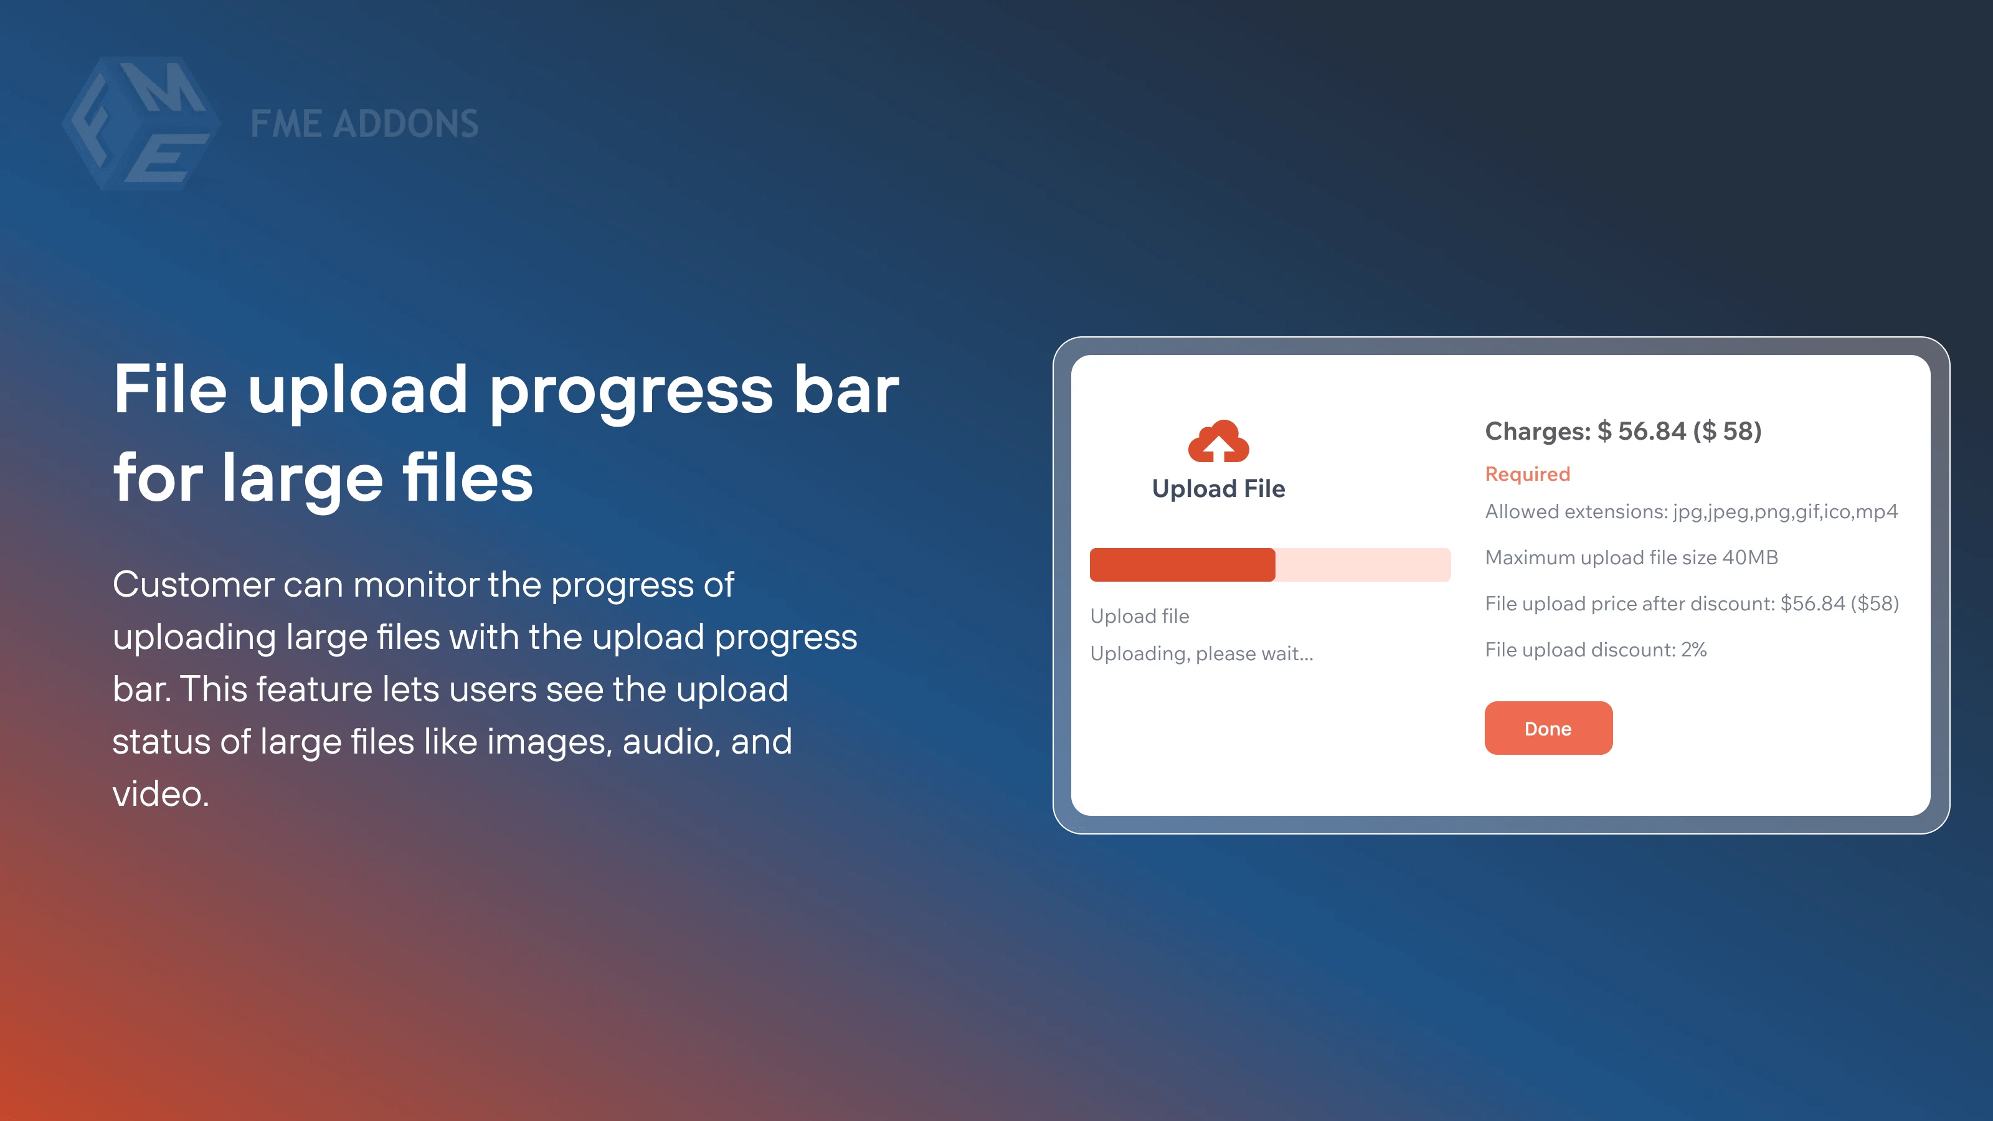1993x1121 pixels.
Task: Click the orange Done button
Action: pos(1548,728)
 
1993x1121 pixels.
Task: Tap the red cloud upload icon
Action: pos(1219,441)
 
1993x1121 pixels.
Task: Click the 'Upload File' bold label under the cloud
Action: pos(1219,489)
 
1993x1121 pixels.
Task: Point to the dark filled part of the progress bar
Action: pos(1182,565)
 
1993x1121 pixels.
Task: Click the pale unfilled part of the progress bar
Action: pos(1363,565)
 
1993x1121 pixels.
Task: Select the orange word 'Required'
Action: pos(1527,473)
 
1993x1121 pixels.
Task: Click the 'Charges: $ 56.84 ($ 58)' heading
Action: pos(1623,431)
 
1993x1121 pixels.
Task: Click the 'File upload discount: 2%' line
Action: pos(1595,650)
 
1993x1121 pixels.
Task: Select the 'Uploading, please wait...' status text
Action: pos(1201,655)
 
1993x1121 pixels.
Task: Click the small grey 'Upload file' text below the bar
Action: pos(1140,616)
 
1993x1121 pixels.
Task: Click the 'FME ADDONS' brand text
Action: pos(364,124)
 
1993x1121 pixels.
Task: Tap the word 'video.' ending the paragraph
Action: pos(161,794)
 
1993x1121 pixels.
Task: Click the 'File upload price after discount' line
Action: pos(1692,603)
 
